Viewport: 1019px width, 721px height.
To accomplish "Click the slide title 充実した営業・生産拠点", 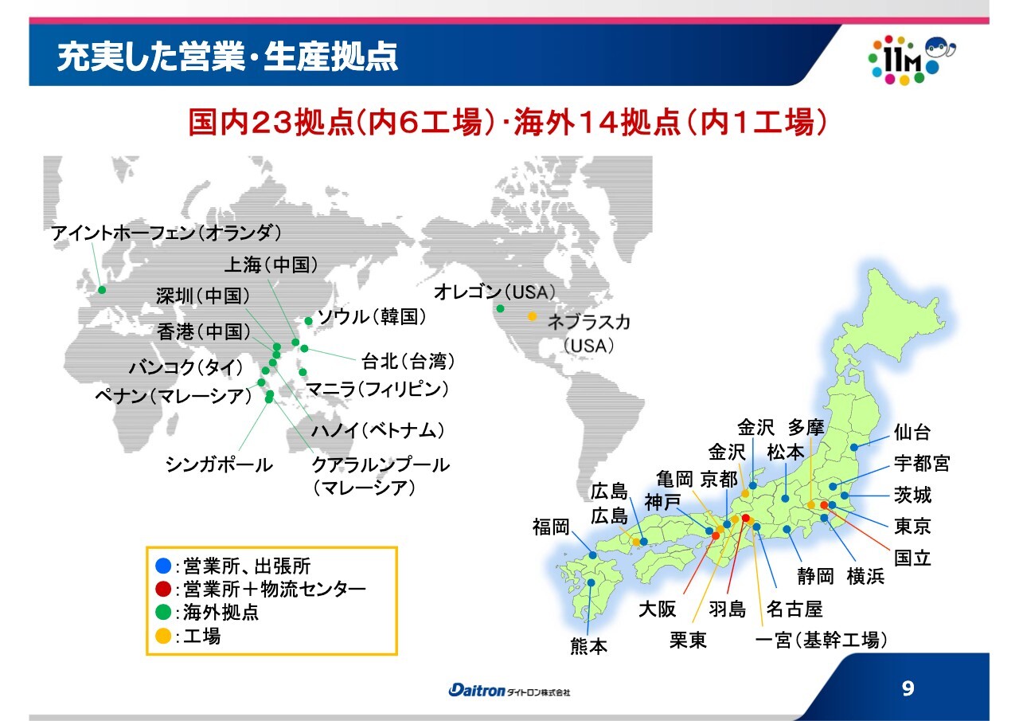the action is click(228, 57).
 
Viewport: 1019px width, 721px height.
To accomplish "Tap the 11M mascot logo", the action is click(912, 60).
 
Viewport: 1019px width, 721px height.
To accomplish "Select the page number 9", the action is click(908, 688).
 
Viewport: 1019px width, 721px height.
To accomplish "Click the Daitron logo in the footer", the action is click(509, 691).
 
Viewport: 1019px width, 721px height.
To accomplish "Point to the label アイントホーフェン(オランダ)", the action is click(166, 233).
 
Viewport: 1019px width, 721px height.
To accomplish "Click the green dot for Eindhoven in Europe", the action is click(102, 290).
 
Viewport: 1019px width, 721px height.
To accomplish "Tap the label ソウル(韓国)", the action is click(372, 317).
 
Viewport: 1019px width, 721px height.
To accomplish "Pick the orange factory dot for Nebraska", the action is click(532, 316).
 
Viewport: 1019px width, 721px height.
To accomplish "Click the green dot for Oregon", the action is click(501, 308).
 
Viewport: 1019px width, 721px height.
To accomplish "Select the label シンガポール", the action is click(219, 464).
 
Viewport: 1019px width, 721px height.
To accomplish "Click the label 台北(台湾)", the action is click(408, 362).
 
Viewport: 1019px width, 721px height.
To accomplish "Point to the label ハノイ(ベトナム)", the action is click(377, 430).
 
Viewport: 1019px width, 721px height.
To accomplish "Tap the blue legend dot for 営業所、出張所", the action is click(163, 566).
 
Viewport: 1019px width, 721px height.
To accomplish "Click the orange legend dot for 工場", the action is click(163, 636).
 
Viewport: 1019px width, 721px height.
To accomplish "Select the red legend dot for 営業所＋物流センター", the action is click(163, 589).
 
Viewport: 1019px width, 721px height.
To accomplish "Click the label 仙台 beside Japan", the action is click(912, 432).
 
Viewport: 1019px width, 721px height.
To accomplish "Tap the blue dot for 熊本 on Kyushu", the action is click(591, 582).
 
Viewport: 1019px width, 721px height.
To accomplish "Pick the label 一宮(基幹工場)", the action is click(821, 640).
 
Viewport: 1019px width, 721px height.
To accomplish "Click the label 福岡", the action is click(551, 527).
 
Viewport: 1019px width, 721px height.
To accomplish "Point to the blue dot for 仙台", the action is click(854, 448).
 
